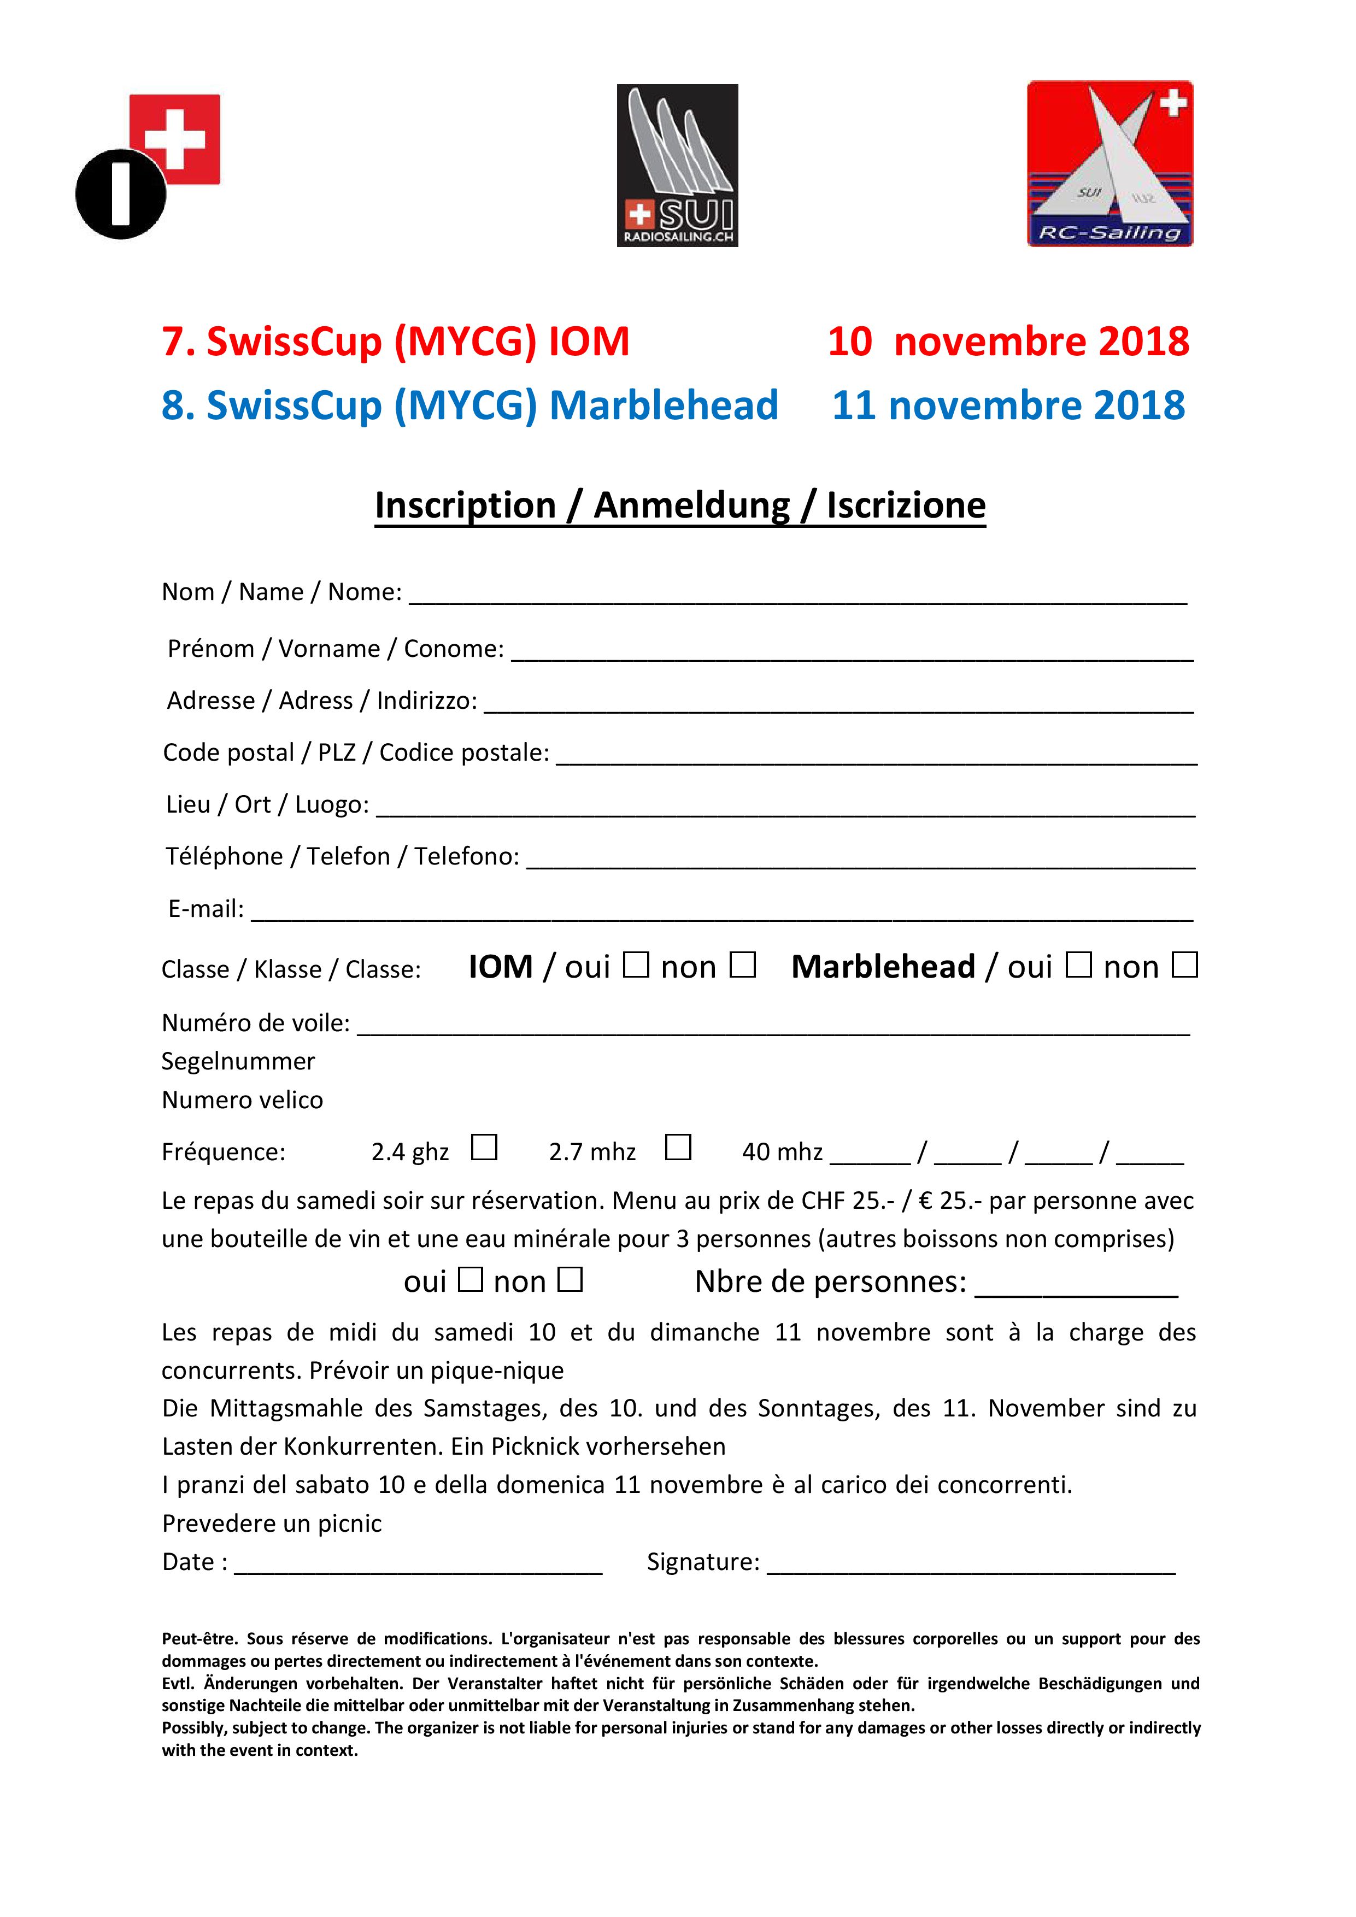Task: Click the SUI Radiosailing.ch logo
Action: coord(677,166)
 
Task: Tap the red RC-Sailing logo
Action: coord(1110,163)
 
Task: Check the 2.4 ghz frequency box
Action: coord(484,1147)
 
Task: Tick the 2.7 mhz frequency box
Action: coord(678,1147)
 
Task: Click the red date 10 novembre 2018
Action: coord(1008,342)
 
